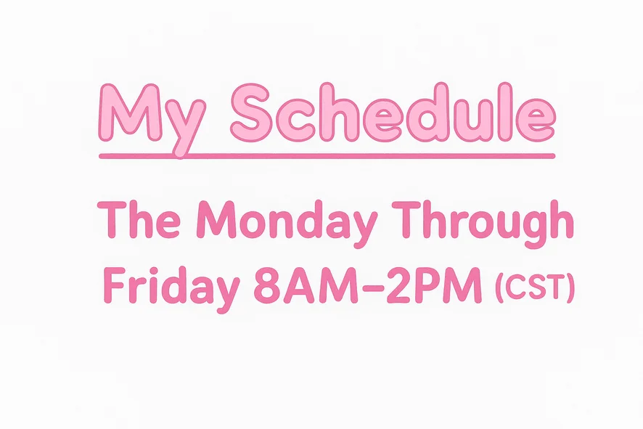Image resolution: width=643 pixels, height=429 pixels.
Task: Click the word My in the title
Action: pyautogui.click(x=152, y=120)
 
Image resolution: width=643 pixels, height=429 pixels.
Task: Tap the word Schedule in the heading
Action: pyautogui.click(x=393, y=113)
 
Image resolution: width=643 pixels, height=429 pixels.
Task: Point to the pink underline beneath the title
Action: pyautogui.click(x=327, y=156)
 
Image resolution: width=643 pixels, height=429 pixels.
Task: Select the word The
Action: pyautogui.click(x=139, y=219)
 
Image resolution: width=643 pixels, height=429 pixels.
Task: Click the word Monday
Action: pyautogui.click(x=287, y=224)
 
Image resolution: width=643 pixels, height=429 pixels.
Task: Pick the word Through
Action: pyautogui.click(x=482, y=224)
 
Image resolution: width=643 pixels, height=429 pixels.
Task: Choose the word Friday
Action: pyautogui.click(x=171, y=289)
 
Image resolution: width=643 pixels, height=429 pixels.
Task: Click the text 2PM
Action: pyautogui.click(x=434, y=285)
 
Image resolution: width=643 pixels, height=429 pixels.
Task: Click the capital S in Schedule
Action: pyautogui.click(x=252, y=113)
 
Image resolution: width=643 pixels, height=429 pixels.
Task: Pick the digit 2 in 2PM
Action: pyautogui.click(x=398, y=285)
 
